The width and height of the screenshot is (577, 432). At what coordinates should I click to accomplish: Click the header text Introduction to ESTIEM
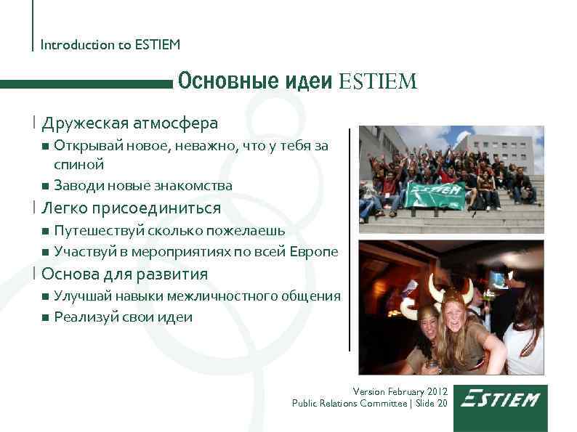tap(110, 45)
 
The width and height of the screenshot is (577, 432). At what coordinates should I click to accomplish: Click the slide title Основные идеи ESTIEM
tap(297, 81)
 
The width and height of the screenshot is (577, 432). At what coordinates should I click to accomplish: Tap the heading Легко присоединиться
tap(131, 208)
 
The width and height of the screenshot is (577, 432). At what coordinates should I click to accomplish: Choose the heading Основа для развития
tap(124, 274)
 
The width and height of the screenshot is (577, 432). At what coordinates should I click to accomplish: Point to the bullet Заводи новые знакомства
tap(143, 186)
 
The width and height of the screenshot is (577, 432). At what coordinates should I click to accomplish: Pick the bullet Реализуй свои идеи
tap(123, 317)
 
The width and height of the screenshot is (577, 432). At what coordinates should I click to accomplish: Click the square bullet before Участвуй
tap(46, 253)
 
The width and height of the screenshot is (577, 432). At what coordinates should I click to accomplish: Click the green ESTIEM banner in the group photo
tap(436, 194)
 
